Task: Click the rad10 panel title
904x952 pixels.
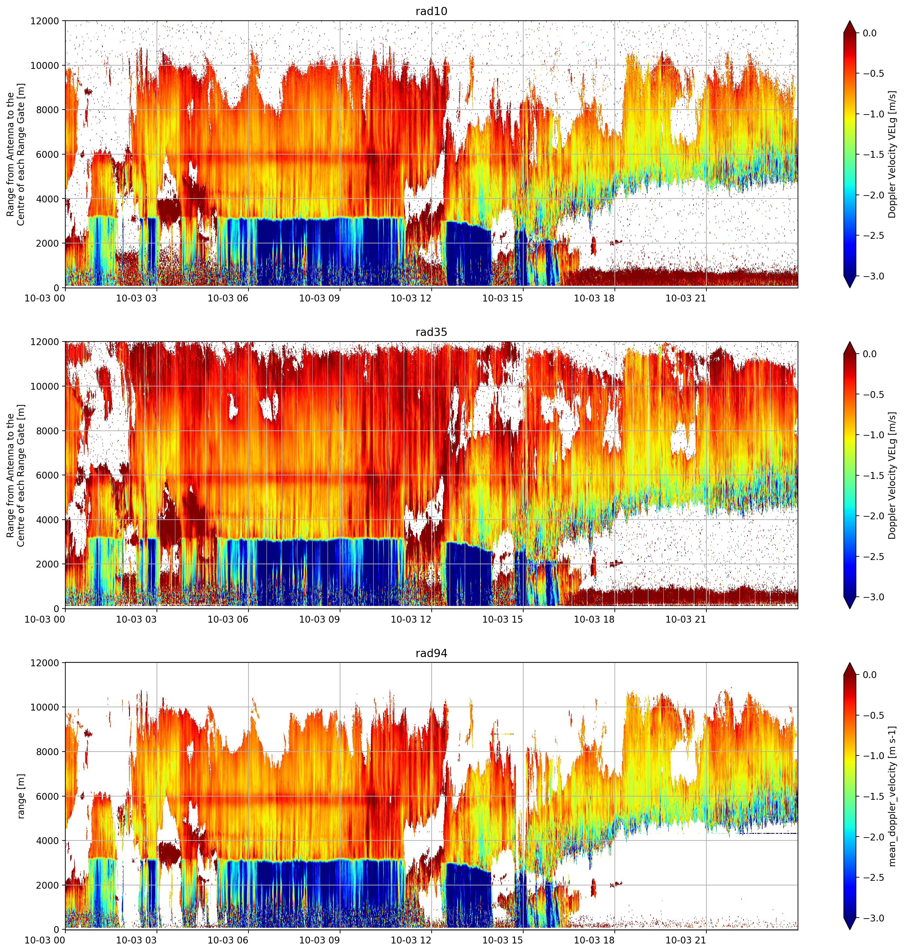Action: click(431, 11)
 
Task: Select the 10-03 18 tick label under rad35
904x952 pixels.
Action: click(594, 619)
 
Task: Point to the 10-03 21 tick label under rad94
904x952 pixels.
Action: click(686, 940)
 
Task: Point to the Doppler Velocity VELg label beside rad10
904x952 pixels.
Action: click(893, 154)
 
